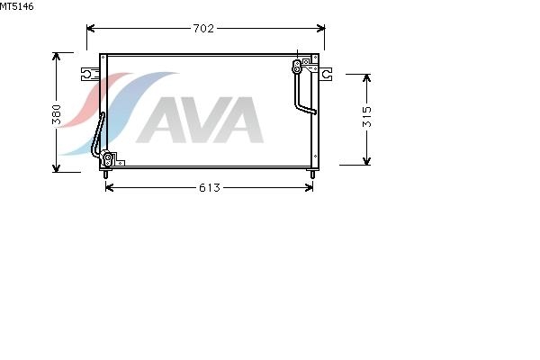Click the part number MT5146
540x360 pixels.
coord(16,6)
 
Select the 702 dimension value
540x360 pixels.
coord(203,28)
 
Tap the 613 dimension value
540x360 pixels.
coord(210,188)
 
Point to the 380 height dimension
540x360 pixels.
coord(57,114)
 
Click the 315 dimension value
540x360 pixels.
coord(367,117)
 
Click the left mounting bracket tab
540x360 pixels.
coord(90,74)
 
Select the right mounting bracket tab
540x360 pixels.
coord(326,74)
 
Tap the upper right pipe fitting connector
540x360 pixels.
coord(296,67)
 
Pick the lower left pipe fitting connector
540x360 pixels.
coord(107,157)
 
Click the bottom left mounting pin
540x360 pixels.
coord(105,174)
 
